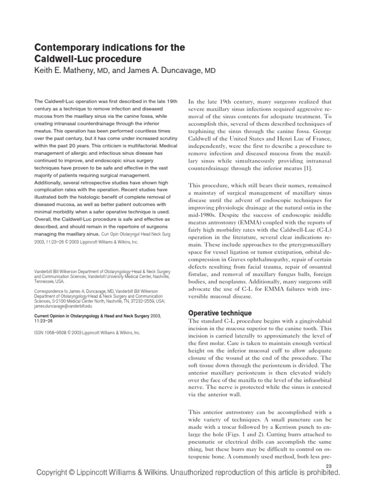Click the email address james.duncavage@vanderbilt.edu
click(x=64, y=307)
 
